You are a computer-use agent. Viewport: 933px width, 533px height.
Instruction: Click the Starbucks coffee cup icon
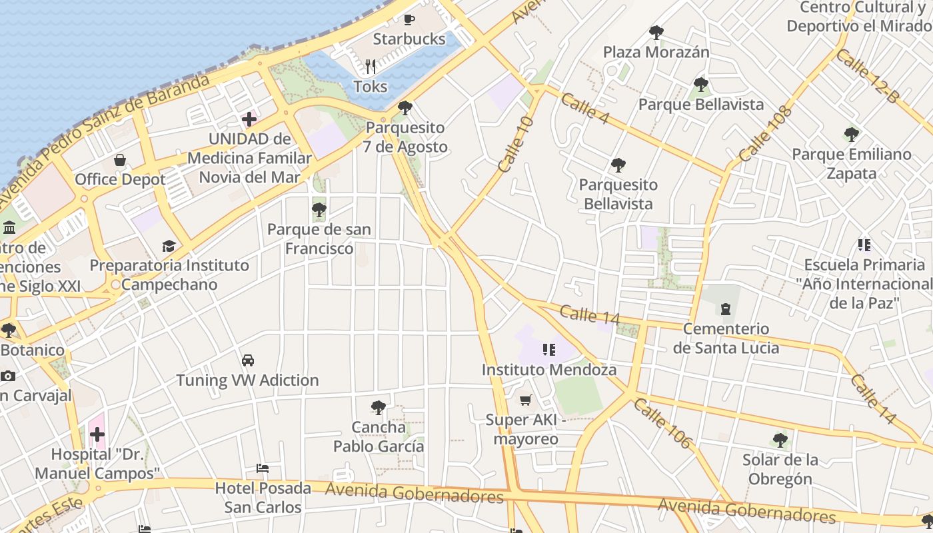[409, 19]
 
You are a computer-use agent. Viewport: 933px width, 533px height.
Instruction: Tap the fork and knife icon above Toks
[371, 67]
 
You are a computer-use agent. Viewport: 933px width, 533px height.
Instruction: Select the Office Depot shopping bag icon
[120, 160]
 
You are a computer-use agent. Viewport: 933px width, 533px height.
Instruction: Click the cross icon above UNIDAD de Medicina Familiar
[249, 120]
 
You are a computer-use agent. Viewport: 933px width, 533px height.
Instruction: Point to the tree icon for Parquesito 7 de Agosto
[405, 107]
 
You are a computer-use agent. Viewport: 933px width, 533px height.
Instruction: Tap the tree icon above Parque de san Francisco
[319, 210]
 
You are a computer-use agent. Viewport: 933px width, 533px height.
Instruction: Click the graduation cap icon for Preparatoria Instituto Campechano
[169, 246]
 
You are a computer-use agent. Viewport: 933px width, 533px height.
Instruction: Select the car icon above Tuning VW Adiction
[248, 360]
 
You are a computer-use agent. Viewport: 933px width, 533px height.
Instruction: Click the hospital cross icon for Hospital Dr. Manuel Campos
[97, 435]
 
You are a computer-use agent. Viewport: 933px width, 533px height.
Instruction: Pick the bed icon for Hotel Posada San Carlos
[263, 468]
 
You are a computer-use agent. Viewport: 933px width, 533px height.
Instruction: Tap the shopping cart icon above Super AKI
[525, 400]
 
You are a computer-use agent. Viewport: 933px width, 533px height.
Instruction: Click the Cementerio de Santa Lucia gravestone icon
[725, 309]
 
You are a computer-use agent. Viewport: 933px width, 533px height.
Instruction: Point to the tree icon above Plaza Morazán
[656, 32]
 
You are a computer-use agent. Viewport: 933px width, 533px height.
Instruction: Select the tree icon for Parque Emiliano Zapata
[851, 135]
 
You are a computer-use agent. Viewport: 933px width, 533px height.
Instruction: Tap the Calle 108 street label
[766, 133]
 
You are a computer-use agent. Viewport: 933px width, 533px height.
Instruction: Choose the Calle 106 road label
[663, 423]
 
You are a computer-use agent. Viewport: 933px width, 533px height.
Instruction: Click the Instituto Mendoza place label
[549, 369]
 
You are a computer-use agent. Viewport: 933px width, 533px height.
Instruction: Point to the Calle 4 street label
[584, 109]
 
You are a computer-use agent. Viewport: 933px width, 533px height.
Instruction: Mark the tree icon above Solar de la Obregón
[780, 440]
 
